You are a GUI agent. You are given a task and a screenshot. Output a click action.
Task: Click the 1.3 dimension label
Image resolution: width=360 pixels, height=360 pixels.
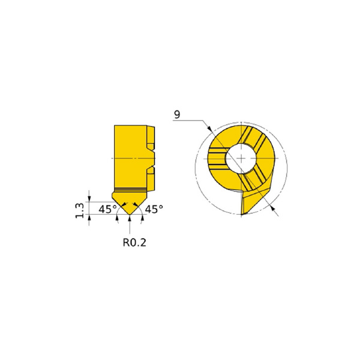click(x=79, y=211)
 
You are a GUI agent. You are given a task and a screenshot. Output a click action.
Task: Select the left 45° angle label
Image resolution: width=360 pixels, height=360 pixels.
click(x=107, y=209)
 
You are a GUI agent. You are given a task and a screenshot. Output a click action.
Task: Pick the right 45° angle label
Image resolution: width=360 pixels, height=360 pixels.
click(x=154, y=209)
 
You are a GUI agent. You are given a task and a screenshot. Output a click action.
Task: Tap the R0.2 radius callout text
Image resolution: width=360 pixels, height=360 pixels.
click(x=134, y=242)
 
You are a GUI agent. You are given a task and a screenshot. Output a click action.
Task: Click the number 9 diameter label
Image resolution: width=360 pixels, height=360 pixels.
click(x=177, y=115)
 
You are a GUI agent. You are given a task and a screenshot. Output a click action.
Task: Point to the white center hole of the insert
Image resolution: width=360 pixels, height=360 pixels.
click(x=241, y=158)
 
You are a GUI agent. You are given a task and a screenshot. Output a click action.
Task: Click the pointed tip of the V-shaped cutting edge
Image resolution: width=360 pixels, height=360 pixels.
click(x=130, y=214)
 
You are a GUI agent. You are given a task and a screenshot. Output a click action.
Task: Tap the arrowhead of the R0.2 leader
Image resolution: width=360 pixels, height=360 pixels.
click(x=130, y=218)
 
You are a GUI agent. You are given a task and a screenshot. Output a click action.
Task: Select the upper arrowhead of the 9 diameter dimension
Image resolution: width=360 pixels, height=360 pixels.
click(x=209, y=128)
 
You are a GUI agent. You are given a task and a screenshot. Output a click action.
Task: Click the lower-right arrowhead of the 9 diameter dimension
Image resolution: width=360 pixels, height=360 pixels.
click(x=272, y=208)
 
